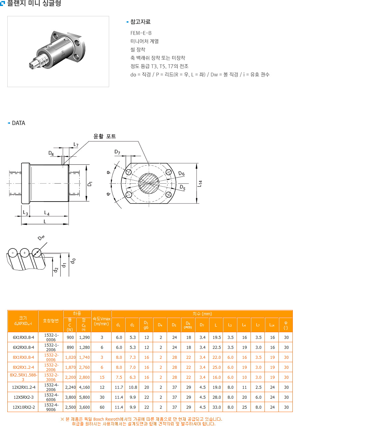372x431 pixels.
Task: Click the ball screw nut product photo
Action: point(58,51)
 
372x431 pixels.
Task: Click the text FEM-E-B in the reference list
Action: point(141,33)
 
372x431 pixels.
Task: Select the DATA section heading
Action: point(18,123)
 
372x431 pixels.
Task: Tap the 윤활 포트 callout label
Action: point(104,136)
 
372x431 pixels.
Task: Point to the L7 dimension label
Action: point(76,145)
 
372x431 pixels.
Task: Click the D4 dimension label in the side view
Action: point(51,153)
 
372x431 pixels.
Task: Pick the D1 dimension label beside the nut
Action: point(90,184)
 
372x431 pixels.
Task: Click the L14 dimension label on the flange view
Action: point(200,183)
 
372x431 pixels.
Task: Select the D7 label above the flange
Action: point(117,152)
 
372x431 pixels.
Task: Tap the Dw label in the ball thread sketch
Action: point(41,237)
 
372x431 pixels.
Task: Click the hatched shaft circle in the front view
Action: point(149,183)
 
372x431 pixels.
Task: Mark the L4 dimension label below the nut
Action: point(47,213)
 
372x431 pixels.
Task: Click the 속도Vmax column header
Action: point(101,321)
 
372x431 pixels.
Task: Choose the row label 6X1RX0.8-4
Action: point(23,337)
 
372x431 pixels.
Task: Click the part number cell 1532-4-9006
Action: point(51,407)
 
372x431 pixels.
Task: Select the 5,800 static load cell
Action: point(84,397)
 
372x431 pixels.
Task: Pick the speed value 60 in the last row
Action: point(102,407)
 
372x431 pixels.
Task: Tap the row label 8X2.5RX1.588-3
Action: point(23,377)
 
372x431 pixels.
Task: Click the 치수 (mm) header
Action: point(202,314)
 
